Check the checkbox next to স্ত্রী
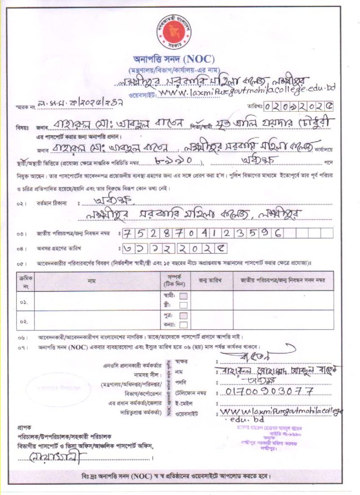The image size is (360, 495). [x=183, y=305]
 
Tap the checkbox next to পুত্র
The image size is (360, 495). [x=183, y=316]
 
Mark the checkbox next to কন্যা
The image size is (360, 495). [x=183, y=325]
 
